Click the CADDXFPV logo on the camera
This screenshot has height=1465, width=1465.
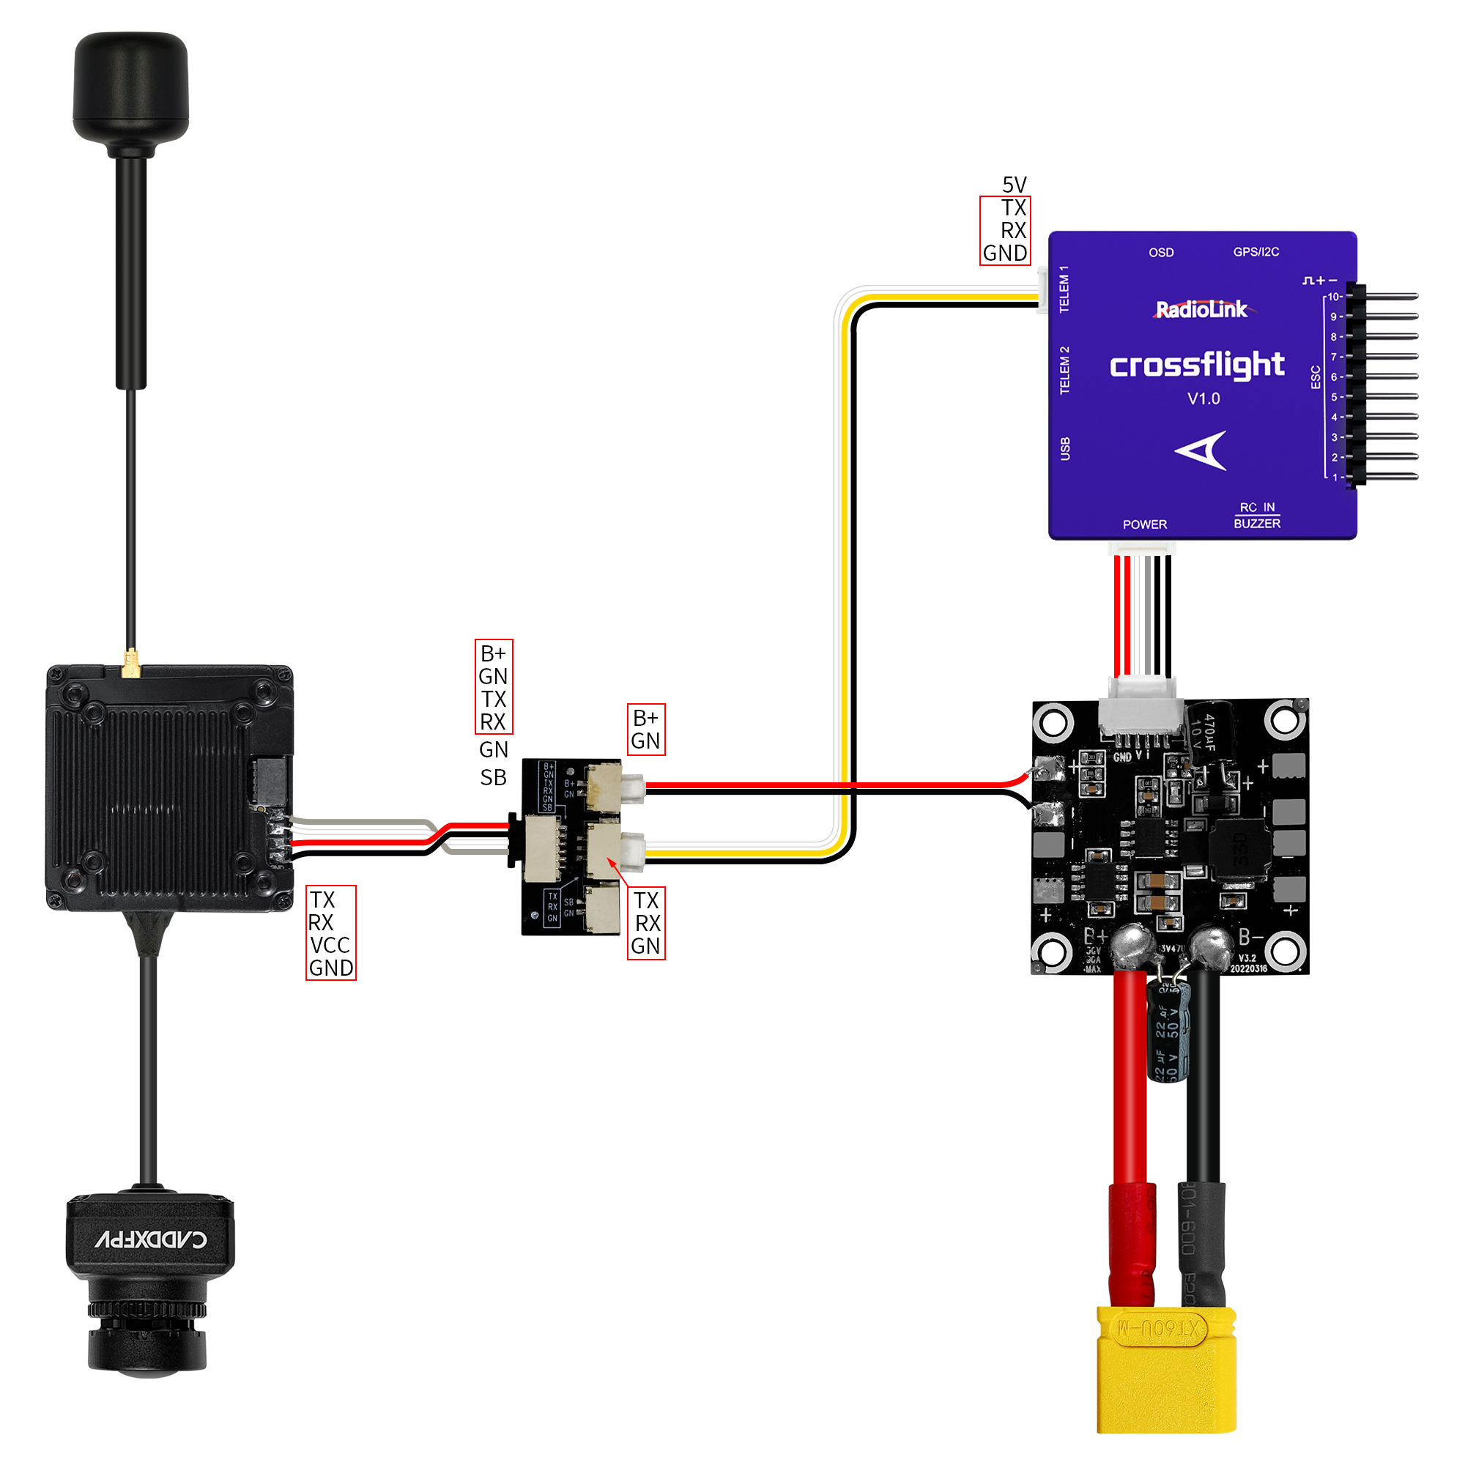pyautogui.click(x=151, y=1239)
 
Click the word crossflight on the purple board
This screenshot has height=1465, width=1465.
pyautogui.click(x=1197, y=366)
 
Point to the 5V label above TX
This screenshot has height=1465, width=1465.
pyautogui.click(x=1014, y=185)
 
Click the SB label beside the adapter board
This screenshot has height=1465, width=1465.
pyautogui.click(x=493, y=777)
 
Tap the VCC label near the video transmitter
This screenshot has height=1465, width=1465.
pyautogui.click(x=330, y=945)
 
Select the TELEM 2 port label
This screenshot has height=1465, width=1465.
pyautogui.click(x=1064, y=370)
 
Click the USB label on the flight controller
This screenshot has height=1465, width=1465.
pyautogui.click(x=1064, y=448)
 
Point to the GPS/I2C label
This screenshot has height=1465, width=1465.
pyautogui.click(x=1256, y=252)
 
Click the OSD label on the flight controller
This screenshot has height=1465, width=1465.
pyautogui.click(x=1161, y=253)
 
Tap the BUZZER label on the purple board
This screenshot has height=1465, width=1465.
pyautogui.click(x=1256, y=524)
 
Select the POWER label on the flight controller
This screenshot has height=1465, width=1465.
pyautogui.click(x=1144, y=524)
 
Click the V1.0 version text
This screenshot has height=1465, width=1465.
pyautogui.click(x=1203, y=399)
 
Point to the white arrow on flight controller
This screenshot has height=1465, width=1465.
pyautogui.click(x=1204, y=450)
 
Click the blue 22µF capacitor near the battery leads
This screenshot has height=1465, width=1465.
pyautogui.click(x=1167, y=1031)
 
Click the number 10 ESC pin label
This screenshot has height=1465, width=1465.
pyautogui.click(x=1333, y=297)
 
